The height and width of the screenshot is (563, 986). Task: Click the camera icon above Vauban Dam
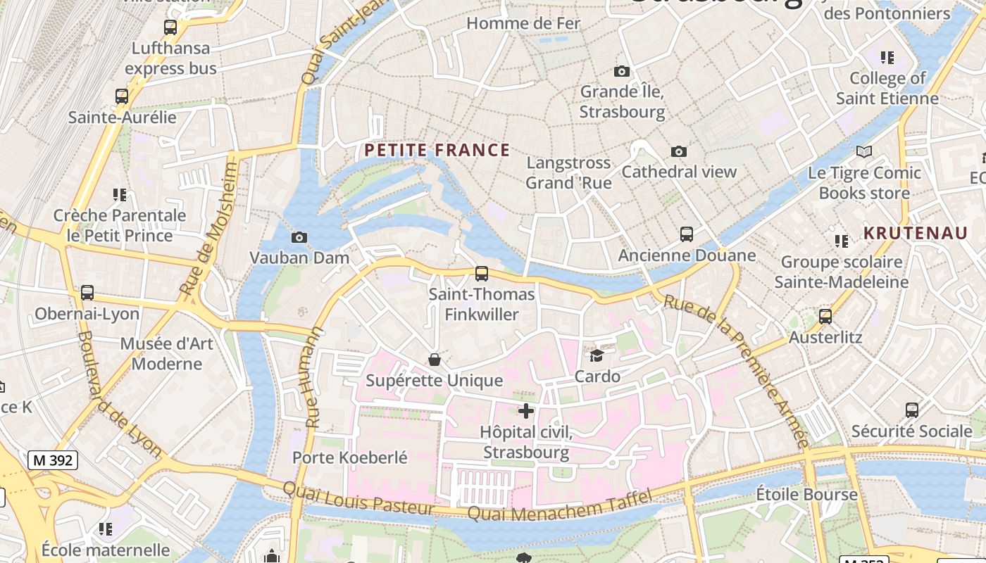(299, 237)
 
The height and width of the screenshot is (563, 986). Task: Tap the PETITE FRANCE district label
(437, 150)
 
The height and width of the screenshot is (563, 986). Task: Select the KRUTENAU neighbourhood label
(916, 234)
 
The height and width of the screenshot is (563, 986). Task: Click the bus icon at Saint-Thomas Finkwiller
(482, 274)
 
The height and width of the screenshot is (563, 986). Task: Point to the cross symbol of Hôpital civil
(526, 411)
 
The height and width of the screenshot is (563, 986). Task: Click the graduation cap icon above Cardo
(597, 356)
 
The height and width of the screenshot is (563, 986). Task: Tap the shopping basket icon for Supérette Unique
(435, 360)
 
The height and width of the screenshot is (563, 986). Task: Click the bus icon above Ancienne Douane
(687, 234)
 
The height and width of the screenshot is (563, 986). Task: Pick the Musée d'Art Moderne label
(166, 354)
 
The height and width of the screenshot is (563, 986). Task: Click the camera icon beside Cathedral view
(679, 151)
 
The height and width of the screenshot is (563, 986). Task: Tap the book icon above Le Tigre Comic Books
(864, 151)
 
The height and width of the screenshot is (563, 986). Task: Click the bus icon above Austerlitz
(825, 317)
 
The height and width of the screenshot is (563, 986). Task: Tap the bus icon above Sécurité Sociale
(912, 410)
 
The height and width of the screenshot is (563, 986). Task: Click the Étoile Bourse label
(807, 494)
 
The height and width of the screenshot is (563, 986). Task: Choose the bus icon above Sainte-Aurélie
(122, 96)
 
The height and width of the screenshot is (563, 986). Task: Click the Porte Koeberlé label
(350, 457)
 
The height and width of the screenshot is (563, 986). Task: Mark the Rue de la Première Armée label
(736, 369)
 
